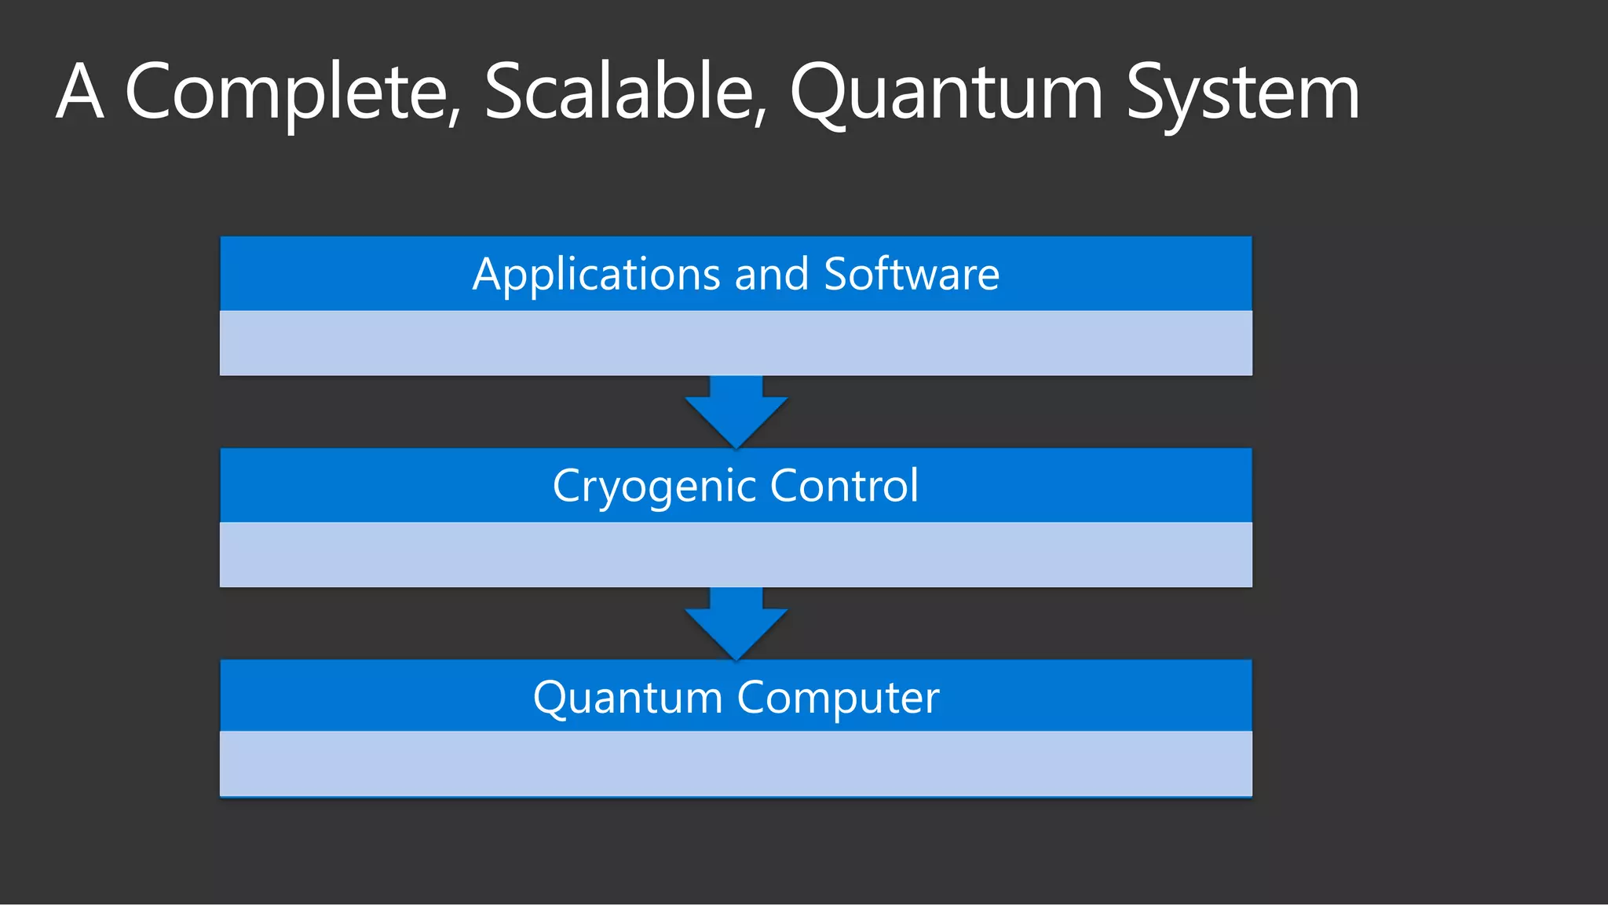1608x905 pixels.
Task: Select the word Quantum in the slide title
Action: pos(946,93)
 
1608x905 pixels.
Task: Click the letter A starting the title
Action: pos(80,92)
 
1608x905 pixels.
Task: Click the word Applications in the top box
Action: pos(596,275)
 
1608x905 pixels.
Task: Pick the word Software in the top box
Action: pos(912,274)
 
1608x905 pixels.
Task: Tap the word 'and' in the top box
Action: pos(772,274)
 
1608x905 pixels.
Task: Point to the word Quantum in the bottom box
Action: pos(627,697)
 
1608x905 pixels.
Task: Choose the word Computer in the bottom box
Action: pos(838,699)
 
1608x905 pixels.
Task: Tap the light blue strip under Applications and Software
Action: pos(736,343)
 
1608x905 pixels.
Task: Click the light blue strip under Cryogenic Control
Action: pos(736,554)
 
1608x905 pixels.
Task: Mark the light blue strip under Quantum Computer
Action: pos(736,764)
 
